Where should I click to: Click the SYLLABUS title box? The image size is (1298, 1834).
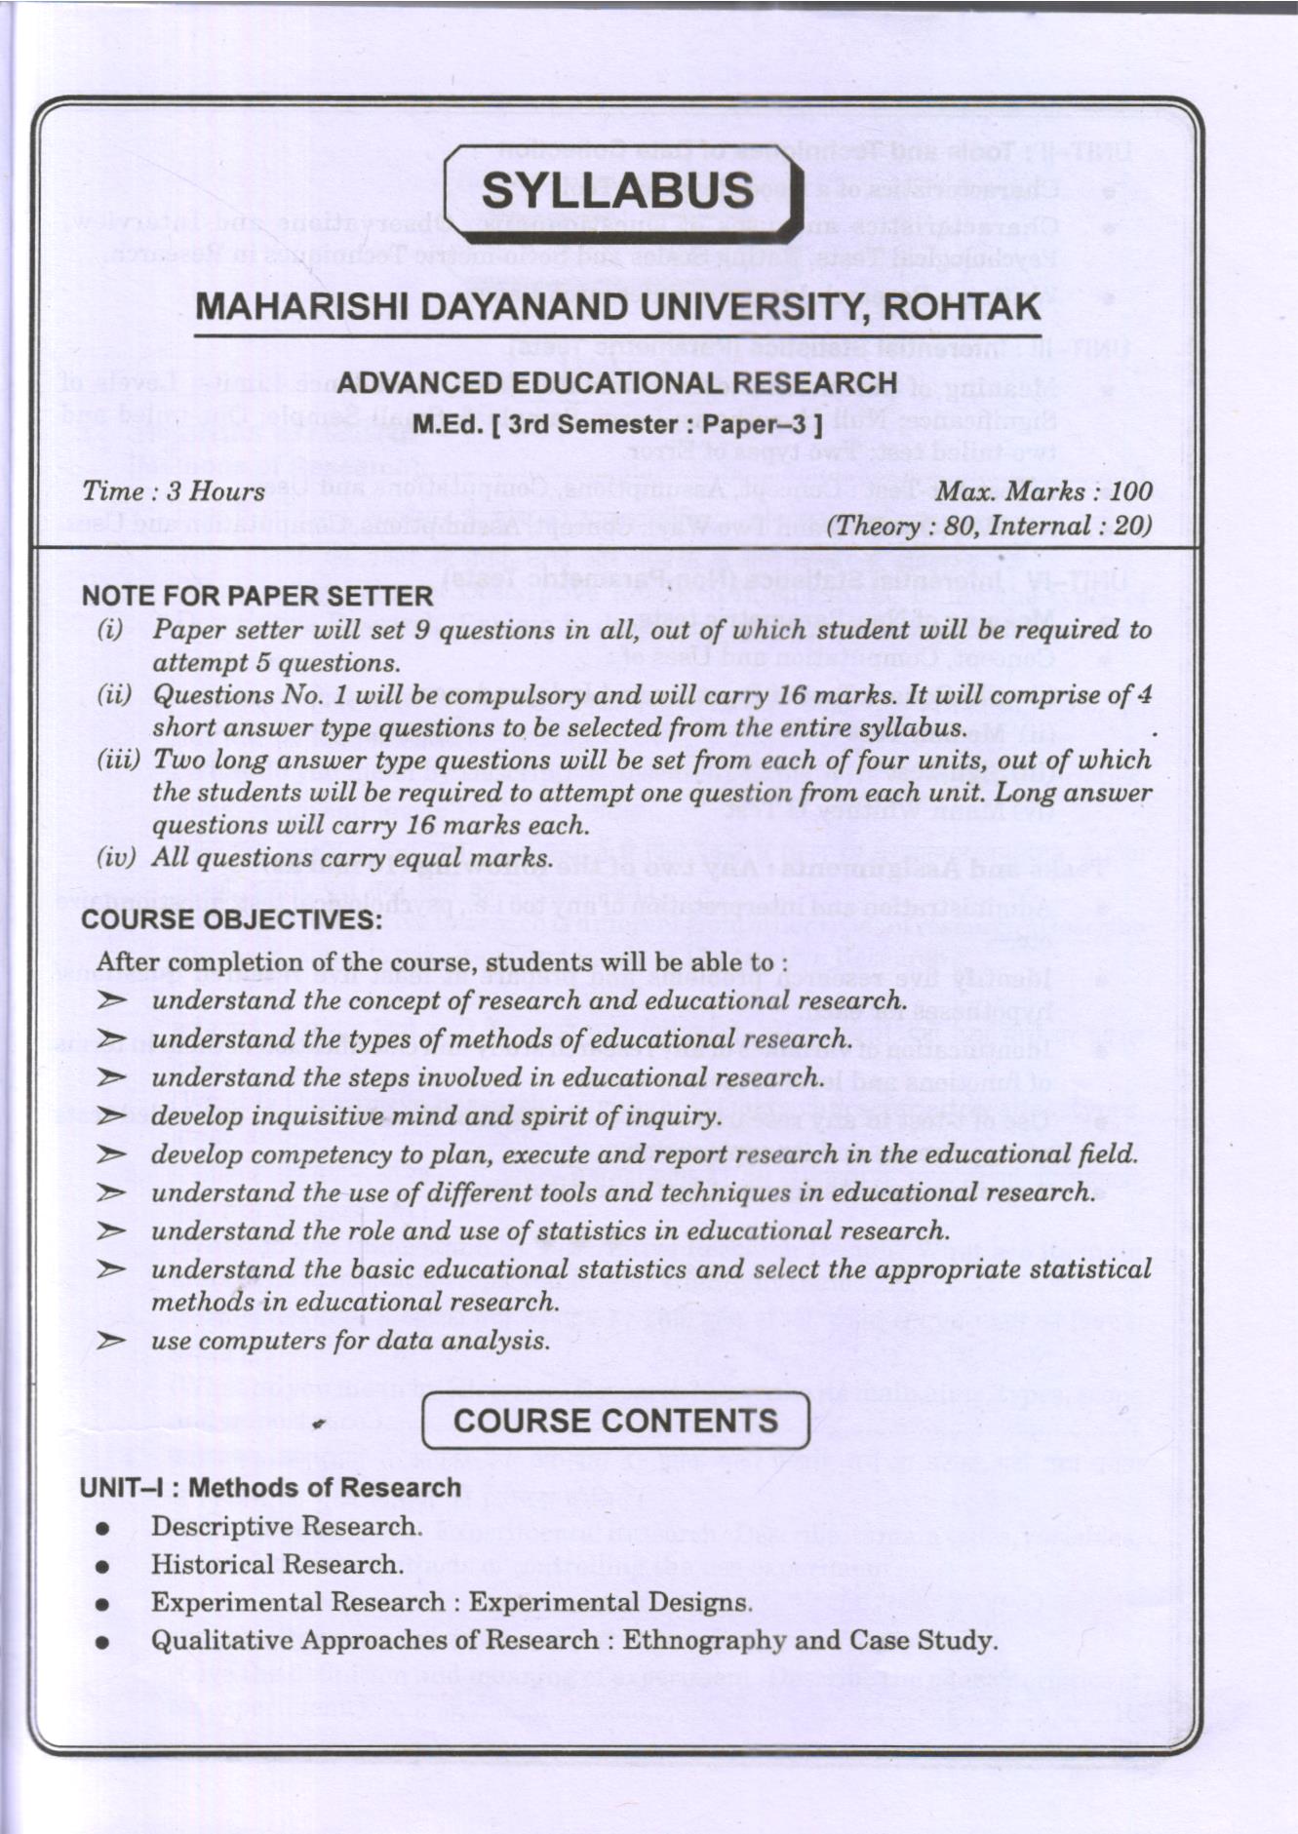click(622, 190)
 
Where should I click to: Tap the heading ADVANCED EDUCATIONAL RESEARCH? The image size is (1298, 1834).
click(616, 383)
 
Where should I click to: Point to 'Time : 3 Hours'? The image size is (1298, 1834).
click(174, 491)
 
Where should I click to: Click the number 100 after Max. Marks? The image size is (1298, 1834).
click(1130, 491)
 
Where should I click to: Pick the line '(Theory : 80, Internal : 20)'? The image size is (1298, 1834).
click(989, 527)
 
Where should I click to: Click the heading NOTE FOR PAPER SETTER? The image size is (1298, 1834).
click(257, 596)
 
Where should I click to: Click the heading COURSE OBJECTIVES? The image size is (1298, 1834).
click(232, 920)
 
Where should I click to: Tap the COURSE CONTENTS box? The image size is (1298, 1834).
click(616, 1421)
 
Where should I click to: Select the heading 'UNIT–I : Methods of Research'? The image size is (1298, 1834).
click(270, 1488)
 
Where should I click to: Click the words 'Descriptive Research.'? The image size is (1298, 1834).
click(287, 1526)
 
